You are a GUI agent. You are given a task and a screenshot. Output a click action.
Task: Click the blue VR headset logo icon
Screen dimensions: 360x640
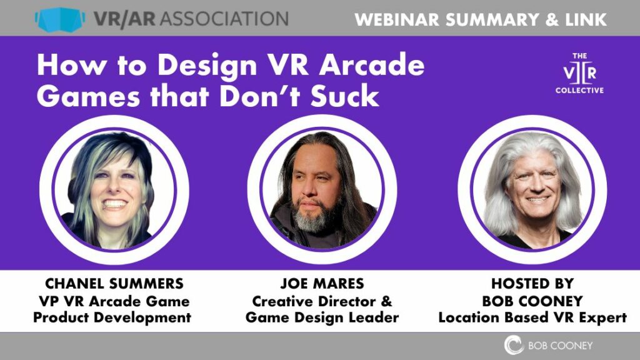pyautogui.click(x=59, y=19)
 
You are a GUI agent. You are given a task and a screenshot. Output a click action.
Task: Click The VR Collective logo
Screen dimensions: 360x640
pyautogui.click(x=579, y=72)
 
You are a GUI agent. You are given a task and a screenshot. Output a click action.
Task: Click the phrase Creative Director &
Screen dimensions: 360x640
pyautogui.click(x=322, y=301)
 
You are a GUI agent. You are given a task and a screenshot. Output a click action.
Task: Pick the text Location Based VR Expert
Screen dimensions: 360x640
pyautogui.click(x=532, y=317)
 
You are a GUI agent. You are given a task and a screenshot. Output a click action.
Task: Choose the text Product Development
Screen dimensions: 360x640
pyautogui.click(x=112, y=317)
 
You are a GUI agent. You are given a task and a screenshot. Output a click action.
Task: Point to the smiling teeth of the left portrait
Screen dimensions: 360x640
pyautogui.click(x=114, y=204)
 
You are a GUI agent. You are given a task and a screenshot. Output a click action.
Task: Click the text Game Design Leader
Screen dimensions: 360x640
pyautogui.click(x=322, y=317)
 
